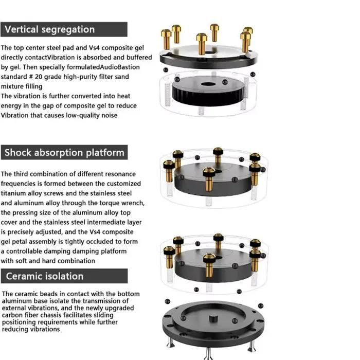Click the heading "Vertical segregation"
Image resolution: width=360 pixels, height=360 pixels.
(x=49, y=29)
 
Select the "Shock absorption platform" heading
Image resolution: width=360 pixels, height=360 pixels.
(x=64, y=152)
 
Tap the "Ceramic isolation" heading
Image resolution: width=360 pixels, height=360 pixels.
(x=45, y=276)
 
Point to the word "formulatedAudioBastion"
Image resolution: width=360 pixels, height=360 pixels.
(x=103, y=67)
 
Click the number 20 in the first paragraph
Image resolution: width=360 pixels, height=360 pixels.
(x=39, y=77)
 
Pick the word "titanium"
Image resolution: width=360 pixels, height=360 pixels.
(x=13, y=193)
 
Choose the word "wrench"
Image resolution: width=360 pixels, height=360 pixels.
(x=133, y=203)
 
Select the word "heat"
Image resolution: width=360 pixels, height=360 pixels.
(x=124, y=96)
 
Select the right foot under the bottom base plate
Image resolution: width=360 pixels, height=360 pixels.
(x=252, y=346)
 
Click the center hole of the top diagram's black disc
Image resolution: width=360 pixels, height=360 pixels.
(x=208, y=84)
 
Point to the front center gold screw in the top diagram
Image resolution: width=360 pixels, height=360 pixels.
(x=202, y=44)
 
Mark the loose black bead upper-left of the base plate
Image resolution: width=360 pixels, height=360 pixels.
(x=168, y=301)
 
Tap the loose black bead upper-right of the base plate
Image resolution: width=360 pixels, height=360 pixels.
(x=261, y=306)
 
